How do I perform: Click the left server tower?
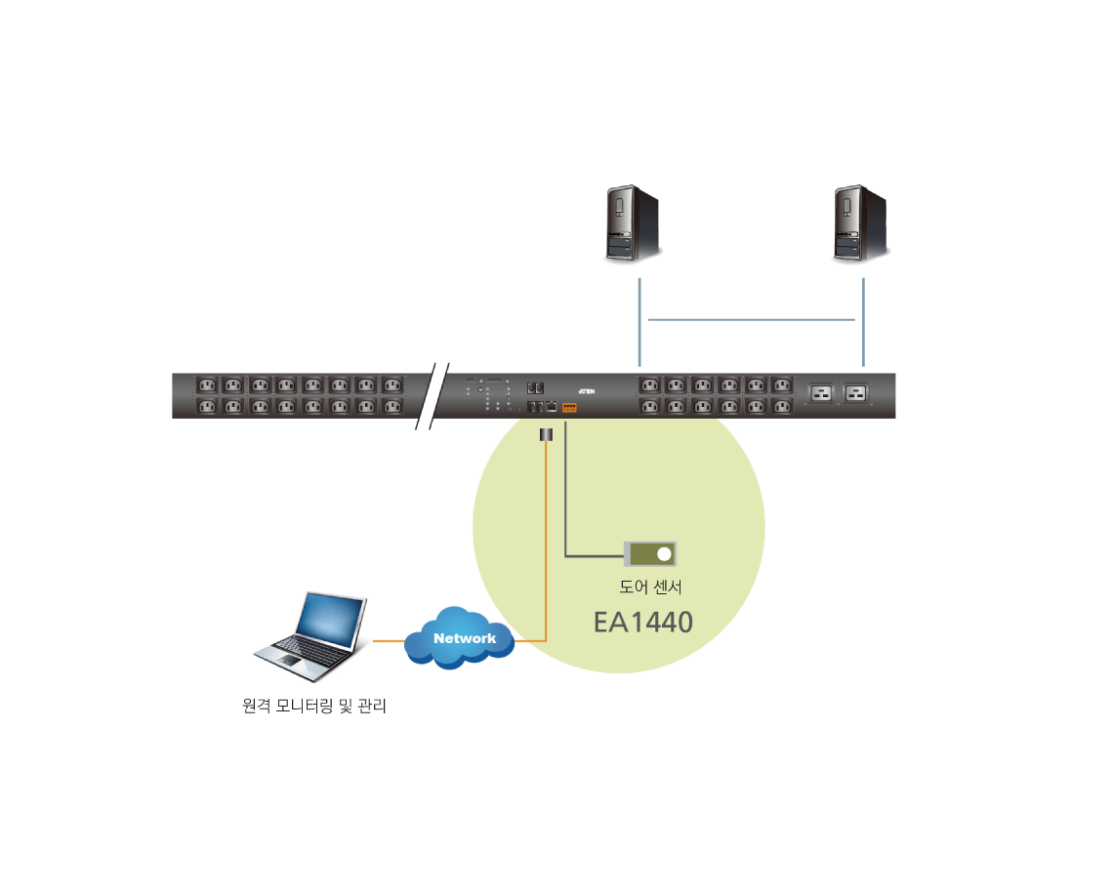point(633,223)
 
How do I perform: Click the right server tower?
point(860,223)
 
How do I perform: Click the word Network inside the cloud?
point(465,638)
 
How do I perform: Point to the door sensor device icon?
point(650,554)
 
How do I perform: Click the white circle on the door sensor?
point(665,554)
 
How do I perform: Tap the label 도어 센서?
point(650,587)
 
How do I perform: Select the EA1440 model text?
point(643,622)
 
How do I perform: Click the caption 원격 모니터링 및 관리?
point(314,706)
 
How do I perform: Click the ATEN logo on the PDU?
point(587,387)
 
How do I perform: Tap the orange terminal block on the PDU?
point(569,408)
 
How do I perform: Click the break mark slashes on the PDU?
point(432,395)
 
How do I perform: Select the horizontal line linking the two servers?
point(752,319)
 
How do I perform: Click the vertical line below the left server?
point(639,322)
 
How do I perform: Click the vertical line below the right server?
point(863,322)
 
